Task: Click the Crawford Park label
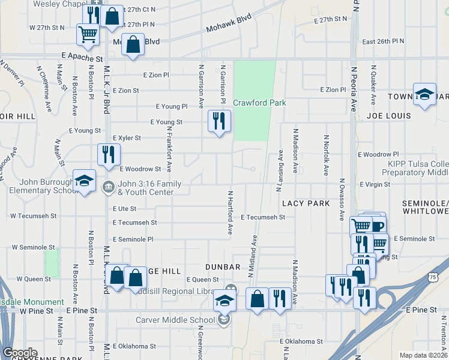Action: click(259, 103)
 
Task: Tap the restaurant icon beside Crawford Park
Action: click(218, 121)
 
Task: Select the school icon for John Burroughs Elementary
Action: click(84, 181)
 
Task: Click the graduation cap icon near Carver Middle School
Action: click(224, 301)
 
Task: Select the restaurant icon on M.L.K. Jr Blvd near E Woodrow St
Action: click(109, 154)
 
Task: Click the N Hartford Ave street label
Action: click(230, 213)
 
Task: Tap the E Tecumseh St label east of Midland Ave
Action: click(263, 217)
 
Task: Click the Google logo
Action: click(20, 353)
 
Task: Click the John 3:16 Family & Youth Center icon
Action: click(107, 185)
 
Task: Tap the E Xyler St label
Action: click(126, 137)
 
